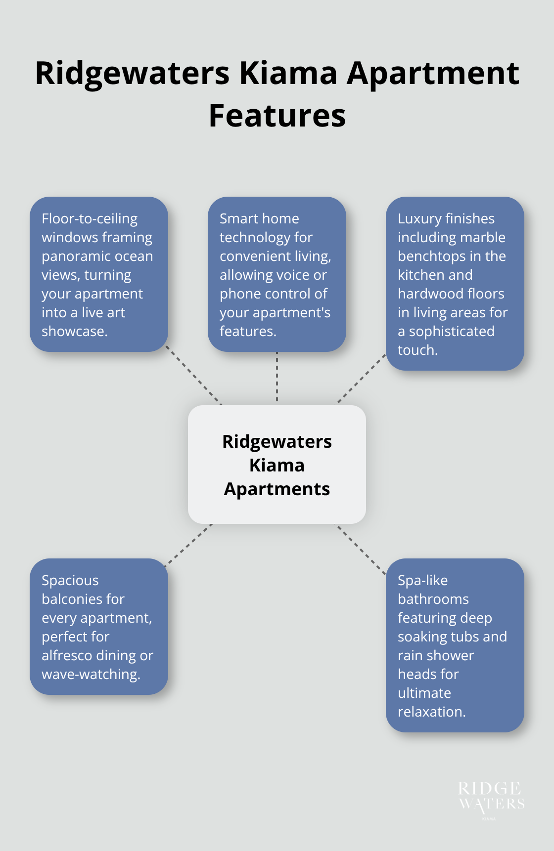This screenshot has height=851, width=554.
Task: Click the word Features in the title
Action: (277, 116)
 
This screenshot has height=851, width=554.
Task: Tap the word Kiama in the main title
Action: (288, 73)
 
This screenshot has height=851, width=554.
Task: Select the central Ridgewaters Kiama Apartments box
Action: (277, 465)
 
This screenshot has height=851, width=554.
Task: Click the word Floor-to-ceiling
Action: (90, 218)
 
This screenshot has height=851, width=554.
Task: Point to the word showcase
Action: (74, 331)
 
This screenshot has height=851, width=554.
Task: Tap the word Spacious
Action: (70, 580)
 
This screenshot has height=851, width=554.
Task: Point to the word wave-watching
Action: (91, 674)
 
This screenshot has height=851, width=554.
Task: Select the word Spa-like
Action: (422, 580)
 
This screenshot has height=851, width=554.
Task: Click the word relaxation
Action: (431, 712)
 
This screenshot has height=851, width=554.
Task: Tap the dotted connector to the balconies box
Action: (189, 544)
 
